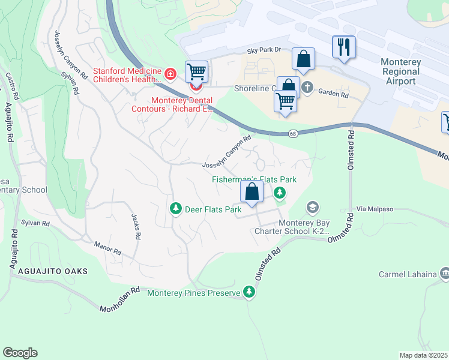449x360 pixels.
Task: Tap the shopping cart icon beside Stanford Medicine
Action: tap(196, 72)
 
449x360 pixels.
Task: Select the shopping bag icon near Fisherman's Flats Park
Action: tap(252, 192)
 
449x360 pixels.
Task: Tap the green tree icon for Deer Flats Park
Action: tap(175, 209)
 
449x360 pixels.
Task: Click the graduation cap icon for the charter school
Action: tap(312, 208)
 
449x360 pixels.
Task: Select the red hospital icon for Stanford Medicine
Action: tap(170, 74)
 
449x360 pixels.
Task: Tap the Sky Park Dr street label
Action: tap(264, 53)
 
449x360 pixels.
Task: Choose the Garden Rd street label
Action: tap(333, 94)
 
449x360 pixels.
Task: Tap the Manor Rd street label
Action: tap(109, 247)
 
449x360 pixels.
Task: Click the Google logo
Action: tap(20, 353)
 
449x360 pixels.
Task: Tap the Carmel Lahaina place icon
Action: tap(444, 274)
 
